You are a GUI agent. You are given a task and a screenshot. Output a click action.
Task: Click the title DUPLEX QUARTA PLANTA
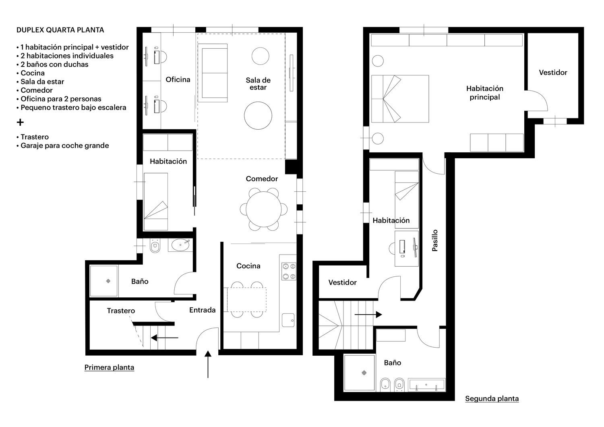point(60,30)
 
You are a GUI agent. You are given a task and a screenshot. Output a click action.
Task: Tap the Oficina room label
point(178,80)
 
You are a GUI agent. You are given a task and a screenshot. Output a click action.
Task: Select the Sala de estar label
point(258,84)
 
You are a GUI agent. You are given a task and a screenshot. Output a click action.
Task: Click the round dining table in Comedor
point(263,209)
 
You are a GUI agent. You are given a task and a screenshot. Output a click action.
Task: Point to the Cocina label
point(248,266)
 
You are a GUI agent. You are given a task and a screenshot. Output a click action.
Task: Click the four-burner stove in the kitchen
point(289,272)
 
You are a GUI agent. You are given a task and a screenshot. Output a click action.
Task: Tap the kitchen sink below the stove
point(288,320)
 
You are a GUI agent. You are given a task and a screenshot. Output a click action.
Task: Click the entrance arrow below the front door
point(208,364)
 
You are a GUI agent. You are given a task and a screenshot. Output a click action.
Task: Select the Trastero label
point(121,311)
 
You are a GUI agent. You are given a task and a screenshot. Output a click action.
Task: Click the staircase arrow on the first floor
point(164,338)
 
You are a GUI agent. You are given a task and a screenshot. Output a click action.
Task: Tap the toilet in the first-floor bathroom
point(155,246)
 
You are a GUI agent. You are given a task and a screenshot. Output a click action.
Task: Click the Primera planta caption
point(109,367)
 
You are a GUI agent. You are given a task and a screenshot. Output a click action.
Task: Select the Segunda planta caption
point(492,398)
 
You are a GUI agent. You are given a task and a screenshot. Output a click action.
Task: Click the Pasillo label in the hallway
point(434,240)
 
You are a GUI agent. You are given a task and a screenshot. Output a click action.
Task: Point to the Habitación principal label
point(485,93)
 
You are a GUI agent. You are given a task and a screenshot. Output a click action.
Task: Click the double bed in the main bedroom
point(400,99)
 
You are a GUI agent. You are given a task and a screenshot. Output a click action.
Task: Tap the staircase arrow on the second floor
point(368,315)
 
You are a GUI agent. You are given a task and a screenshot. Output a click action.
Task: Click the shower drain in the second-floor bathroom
point(364,373)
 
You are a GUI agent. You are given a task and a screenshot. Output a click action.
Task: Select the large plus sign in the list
point(20,122)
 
